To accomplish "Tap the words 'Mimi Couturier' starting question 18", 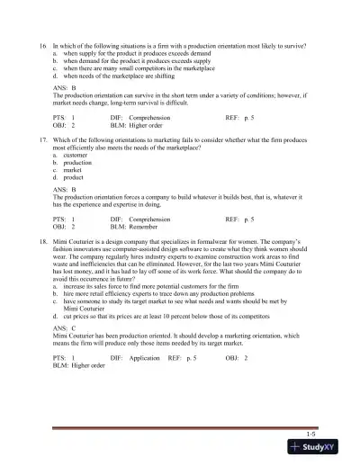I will (x=75, y=243).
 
